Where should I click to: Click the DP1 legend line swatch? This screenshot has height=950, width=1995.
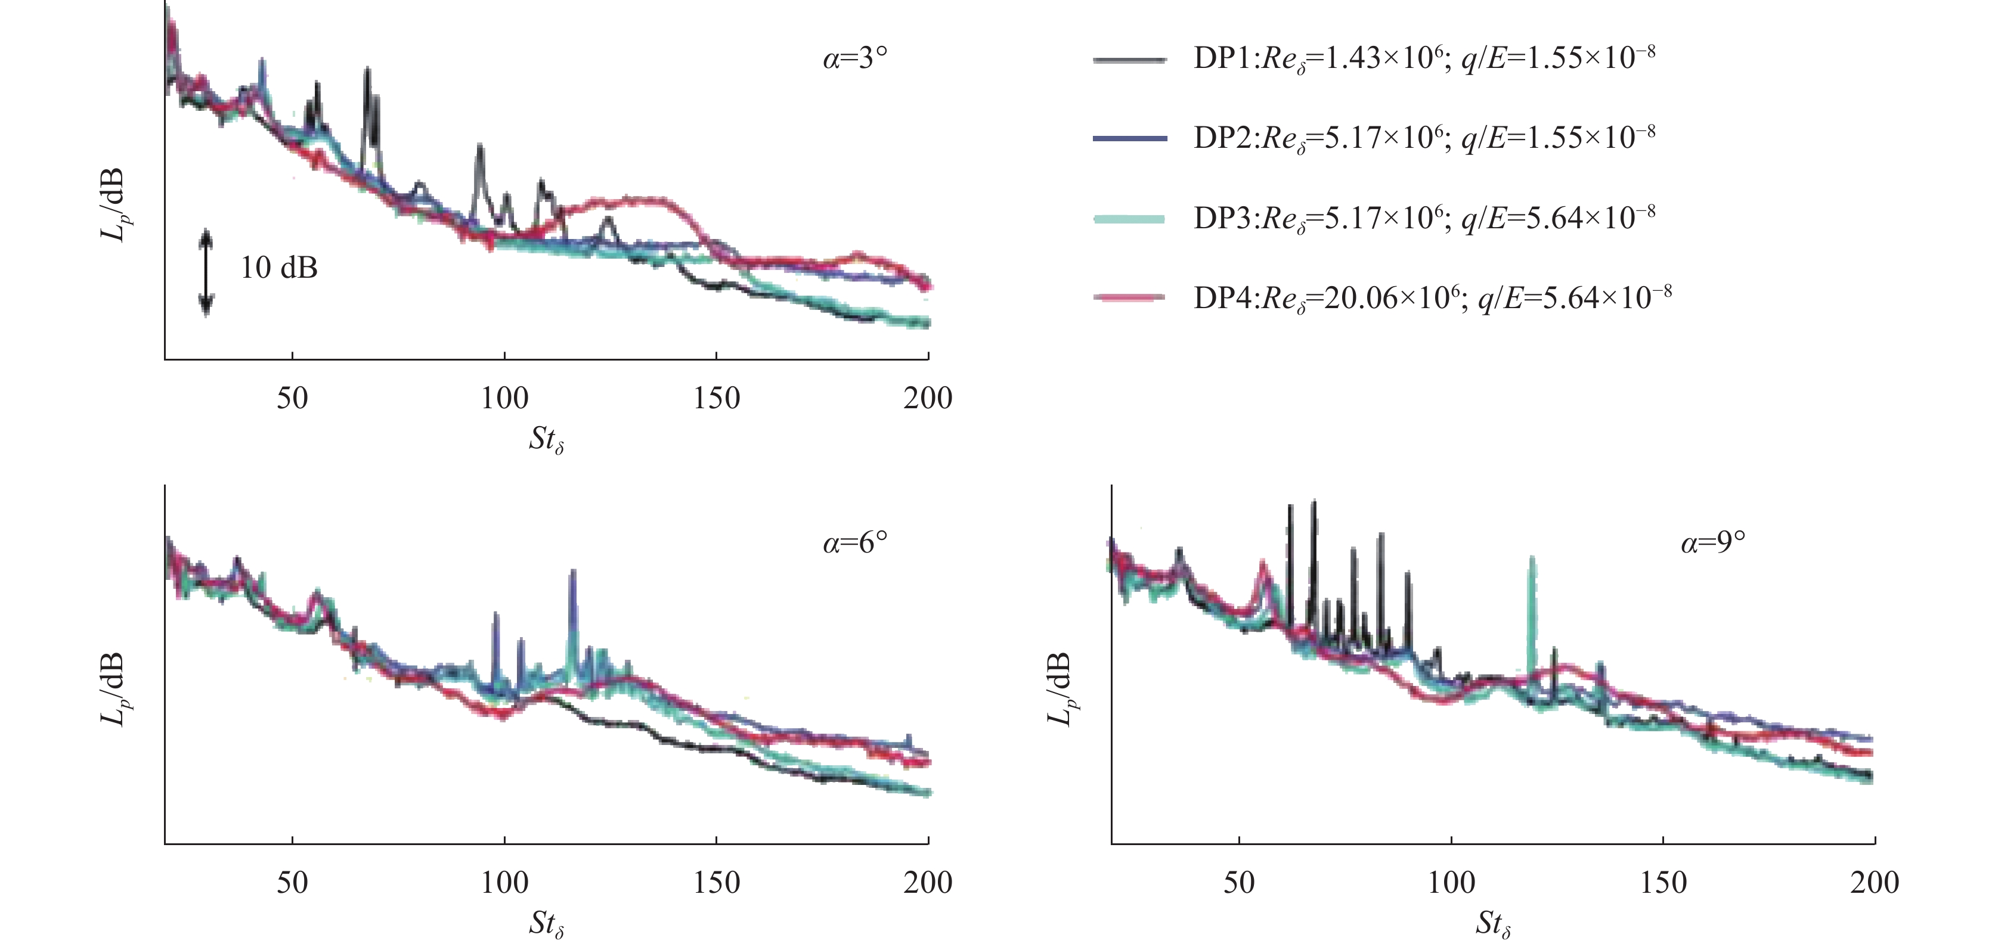(1129, 60)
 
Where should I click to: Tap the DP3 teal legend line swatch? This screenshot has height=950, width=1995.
(1129, 219)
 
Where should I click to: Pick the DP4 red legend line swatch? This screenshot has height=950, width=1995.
(1129, 297)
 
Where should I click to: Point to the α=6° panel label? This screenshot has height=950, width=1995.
(854, 543)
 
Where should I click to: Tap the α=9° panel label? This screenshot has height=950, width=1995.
(1712, 543)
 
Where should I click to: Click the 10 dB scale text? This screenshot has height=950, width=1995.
(279, 268)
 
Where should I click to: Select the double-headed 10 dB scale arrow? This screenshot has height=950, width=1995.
(205, 272)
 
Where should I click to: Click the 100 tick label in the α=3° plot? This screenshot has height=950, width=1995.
(504, 398)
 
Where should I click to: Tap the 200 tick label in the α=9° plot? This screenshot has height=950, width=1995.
(1874, 883)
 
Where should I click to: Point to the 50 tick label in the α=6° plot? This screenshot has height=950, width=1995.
(292, 883)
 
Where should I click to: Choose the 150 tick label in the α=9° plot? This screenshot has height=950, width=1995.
(1663, 883)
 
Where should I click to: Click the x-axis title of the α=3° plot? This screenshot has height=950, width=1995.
(546, 440)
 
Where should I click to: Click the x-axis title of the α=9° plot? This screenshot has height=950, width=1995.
(1493, 924)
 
